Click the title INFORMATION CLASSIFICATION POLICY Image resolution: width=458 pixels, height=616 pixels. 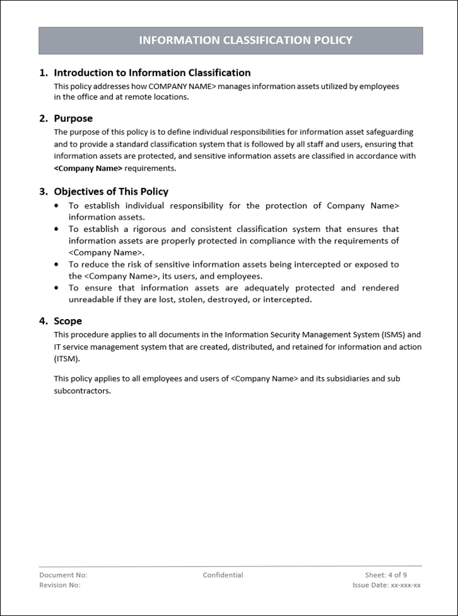pos(245,40)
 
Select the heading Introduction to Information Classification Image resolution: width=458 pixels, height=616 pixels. pos(152,73)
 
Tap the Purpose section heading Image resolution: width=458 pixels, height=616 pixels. pos(73,119)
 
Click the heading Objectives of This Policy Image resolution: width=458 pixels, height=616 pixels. pos(111,192)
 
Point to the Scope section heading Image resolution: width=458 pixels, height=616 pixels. pos(68,321)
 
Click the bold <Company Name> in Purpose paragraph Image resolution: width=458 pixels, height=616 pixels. pos(88,168)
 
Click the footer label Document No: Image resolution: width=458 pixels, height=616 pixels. pos(63,575)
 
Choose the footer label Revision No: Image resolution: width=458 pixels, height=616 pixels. pos(60,585)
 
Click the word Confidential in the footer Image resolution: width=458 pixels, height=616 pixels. pos(223,575)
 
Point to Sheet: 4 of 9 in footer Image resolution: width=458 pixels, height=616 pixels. pos(385,575)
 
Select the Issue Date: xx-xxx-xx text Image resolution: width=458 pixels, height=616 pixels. pos(386,585)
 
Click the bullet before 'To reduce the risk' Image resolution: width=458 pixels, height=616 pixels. pos(57,265)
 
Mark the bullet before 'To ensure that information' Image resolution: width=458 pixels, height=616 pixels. pos(57,288)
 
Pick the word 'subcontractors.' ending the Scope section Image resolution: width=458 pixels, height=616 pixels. pos(82,391)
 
